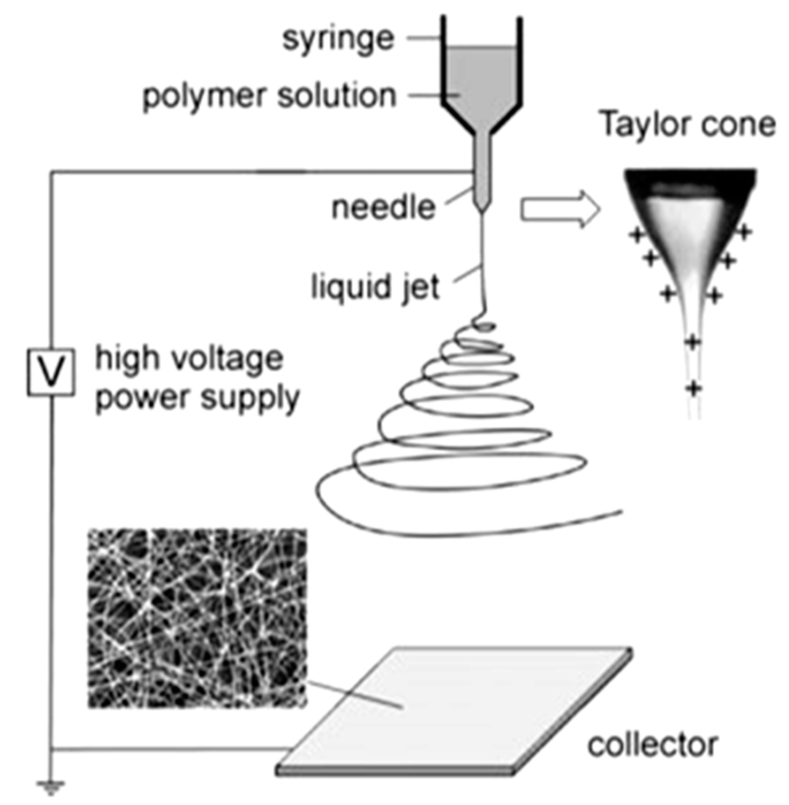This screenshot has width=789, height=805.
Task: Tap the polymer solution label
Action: point(269,96)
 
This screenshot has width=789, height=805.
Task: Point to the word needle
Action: point(383,208)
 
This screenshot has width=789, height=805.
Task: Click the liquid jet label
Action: point(375,287)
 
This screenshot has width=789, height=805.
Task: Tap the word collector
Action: point(652,745)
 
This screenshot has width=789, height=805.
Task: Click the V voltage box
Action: point(51,372)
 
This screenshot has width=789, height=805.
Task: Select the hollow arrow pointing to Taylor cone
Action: point(560,209)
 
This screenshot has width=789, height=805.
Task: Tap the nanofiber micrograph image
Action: point(197,618)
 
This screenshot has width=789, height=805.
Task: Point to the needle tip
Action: point(482,211)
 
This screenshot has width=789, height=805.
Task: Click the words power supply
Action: point(197,398)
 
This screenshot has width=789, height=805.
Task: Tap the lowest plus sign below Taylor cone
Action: point(694,388)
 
